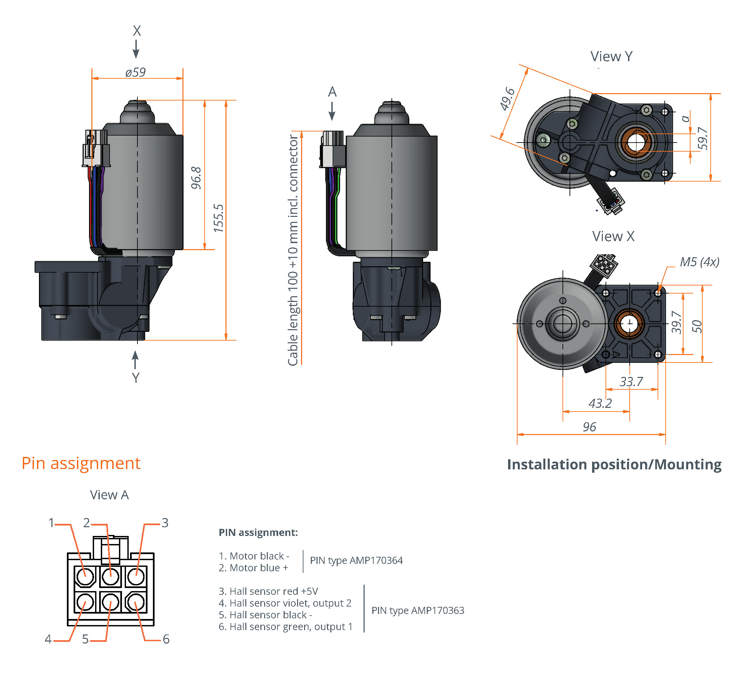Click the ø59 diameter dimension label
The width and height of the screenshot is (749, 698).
click(135, 72)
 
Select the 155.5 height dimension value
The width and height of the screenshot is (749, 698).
click(218, 218)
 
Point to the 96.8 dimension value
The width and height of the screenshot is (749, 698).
click(196, 178)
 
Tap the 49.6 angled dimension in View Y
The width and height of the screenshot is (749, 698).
click(507, 99)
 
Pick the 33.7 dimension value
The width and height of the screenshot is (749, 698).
click(631, 382)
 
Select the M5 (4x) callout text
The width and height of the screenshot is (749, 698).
click(699, 262)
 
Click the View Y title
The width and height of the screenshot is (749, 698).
click(611, 56)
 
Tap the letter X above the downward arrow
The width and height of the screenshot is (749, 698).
click(137, 31)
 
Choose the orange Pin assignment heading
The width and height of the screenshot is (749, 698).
click(81, 463)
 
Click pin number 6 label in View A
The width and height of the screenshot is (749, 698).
click(166, 639)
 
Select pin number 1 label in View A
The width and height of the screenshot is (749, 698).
click(51, 523)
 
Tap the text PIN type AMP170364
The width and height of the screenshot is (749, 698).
click(356, 560)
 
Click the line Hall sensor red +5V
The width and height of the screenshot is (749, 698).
click(268, 591)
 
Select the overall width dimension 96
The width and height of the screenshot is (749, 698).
click(589, 427)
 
